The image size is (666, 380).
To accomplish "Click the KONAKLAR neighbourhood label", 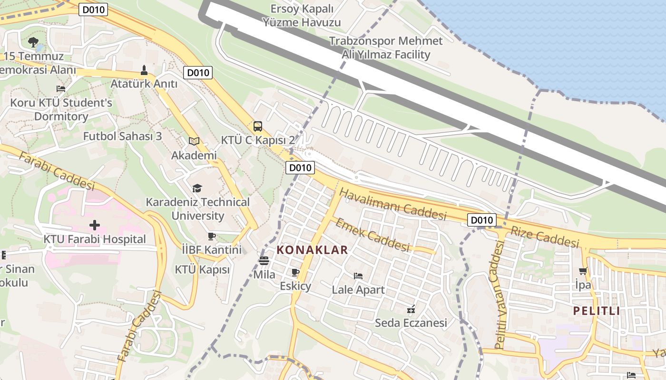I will pos(312,250).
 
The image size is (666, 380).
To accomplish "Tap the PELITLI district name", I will pos(597,311).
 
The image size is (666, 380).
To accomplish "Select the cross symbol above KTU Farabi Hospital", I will pos(95,225).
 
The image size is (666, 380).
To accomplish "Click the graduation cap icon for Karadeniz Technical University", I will pos(197,189).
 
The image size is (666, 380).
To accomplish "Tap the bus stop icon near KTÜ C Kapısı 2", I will pos(258,126).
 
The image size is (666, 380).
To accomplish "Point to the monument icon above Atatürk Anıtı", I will pos(144,71).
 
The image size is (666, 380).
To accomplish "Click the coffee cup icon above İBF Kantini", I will pos(212,236).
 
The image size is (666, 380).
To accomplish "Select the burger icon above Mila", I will pos(264,261).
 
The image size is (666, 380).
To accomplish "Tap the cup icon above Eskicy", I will pos(295,272).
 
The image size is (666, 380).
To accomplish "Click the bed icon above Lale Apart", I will pos(358,275).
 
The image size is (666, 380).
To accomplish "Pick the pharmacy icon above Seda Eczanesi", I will pos(411,309).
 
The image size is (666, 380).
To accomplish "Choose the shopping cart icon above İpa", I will pos(583,271).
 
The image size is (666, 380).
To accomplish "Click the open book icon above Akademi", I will pos(194,141).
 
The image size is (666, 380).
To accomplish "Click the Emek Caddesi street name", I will pos(373,235).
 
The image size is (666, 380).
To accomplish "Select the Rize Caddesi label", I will pos(545,237).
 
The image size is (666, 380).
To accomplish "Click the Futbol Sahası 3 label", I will pos(122,136).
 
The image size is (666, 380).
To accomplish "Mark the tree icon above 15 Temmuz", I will pos(33,42).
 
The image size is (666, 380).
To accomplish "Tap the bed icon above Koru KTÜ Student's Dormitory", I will pos(61,89).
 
